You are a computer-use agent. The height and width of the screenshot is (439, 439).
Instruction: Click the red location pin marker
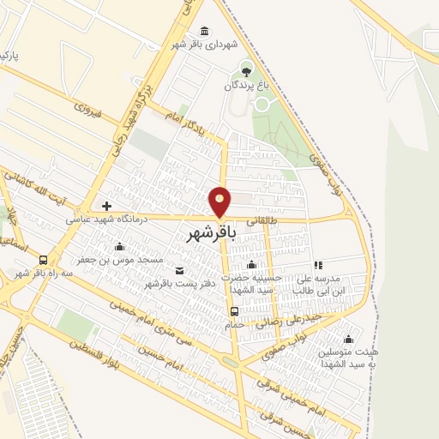[x=220, y=202]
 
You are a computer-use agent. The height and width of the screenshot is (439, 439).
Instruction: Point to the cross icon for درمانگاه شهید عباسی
[x=106, y=206]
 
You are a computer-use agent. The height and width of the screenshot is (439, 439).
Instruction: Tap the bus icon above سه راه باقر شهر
[x=44, y=260]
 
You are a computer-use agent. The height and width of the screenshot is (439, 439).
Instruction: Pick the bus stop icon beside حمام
[x=234, y=310]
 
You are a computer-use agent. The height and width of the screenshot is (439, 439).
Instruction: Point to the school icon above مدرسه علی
[x=318, y=265]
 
